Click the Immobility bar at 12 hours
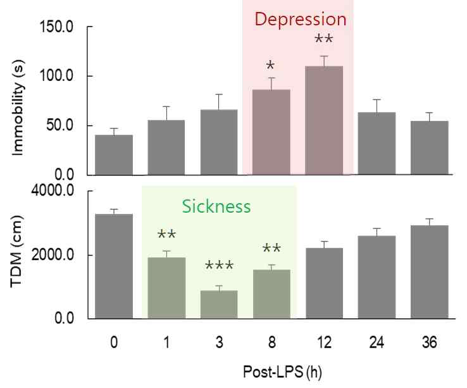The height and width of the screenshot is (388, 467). click(324, 120)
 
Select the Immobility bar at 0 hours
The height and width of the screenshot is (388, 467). click(114, 154)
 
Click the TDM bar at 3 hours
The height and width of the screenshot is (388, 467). click(219, 304)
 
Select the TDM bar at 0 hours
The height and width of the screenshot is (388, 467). click(114, 266)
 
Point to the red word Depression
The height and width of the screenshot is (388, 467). click(300, 19)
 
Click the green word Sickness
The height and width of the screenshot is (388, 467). click(217, 207)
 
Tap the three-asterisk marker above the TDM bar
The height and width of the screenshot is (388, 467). click(218, 266)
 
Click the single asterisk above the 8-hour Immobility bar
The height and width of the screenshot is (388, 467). click(270, 66)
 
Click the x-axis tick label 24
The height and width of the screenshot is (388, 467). click(377, 342)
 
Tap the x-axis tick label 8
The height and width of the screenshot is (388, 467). click(271, 342)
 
